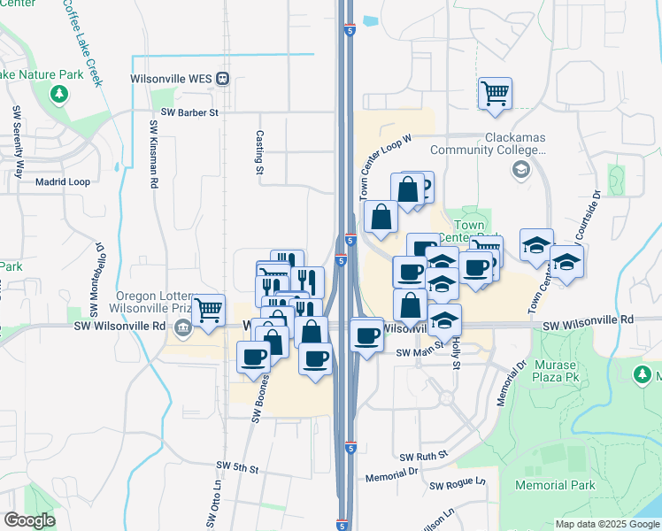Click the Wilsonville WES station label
[171, 78]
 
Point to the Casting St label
[259, 151]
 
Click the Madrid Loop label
[63, 181]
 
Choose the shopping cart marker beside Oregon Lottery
[208, 311]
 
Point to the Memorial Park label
[555, 485]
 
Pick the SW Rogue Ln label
[458, 485]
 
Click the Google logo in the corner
[30, 520]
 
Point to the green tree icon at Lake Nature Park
[59, 94]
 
